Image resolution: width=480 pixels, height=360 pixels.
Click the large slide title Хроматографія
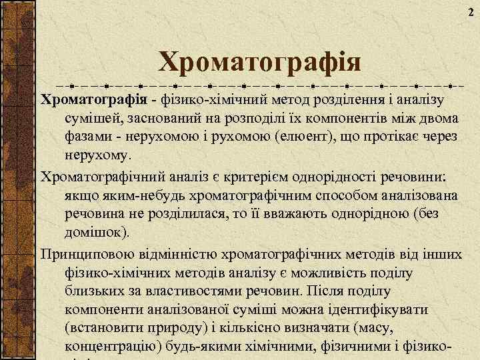259,63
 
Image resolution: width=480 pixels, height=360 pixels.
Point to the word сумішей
95,119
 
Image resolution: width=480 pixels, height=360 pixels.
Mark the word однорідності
347,178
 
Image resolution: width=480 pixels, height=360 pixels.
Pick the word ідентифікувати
382,310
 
